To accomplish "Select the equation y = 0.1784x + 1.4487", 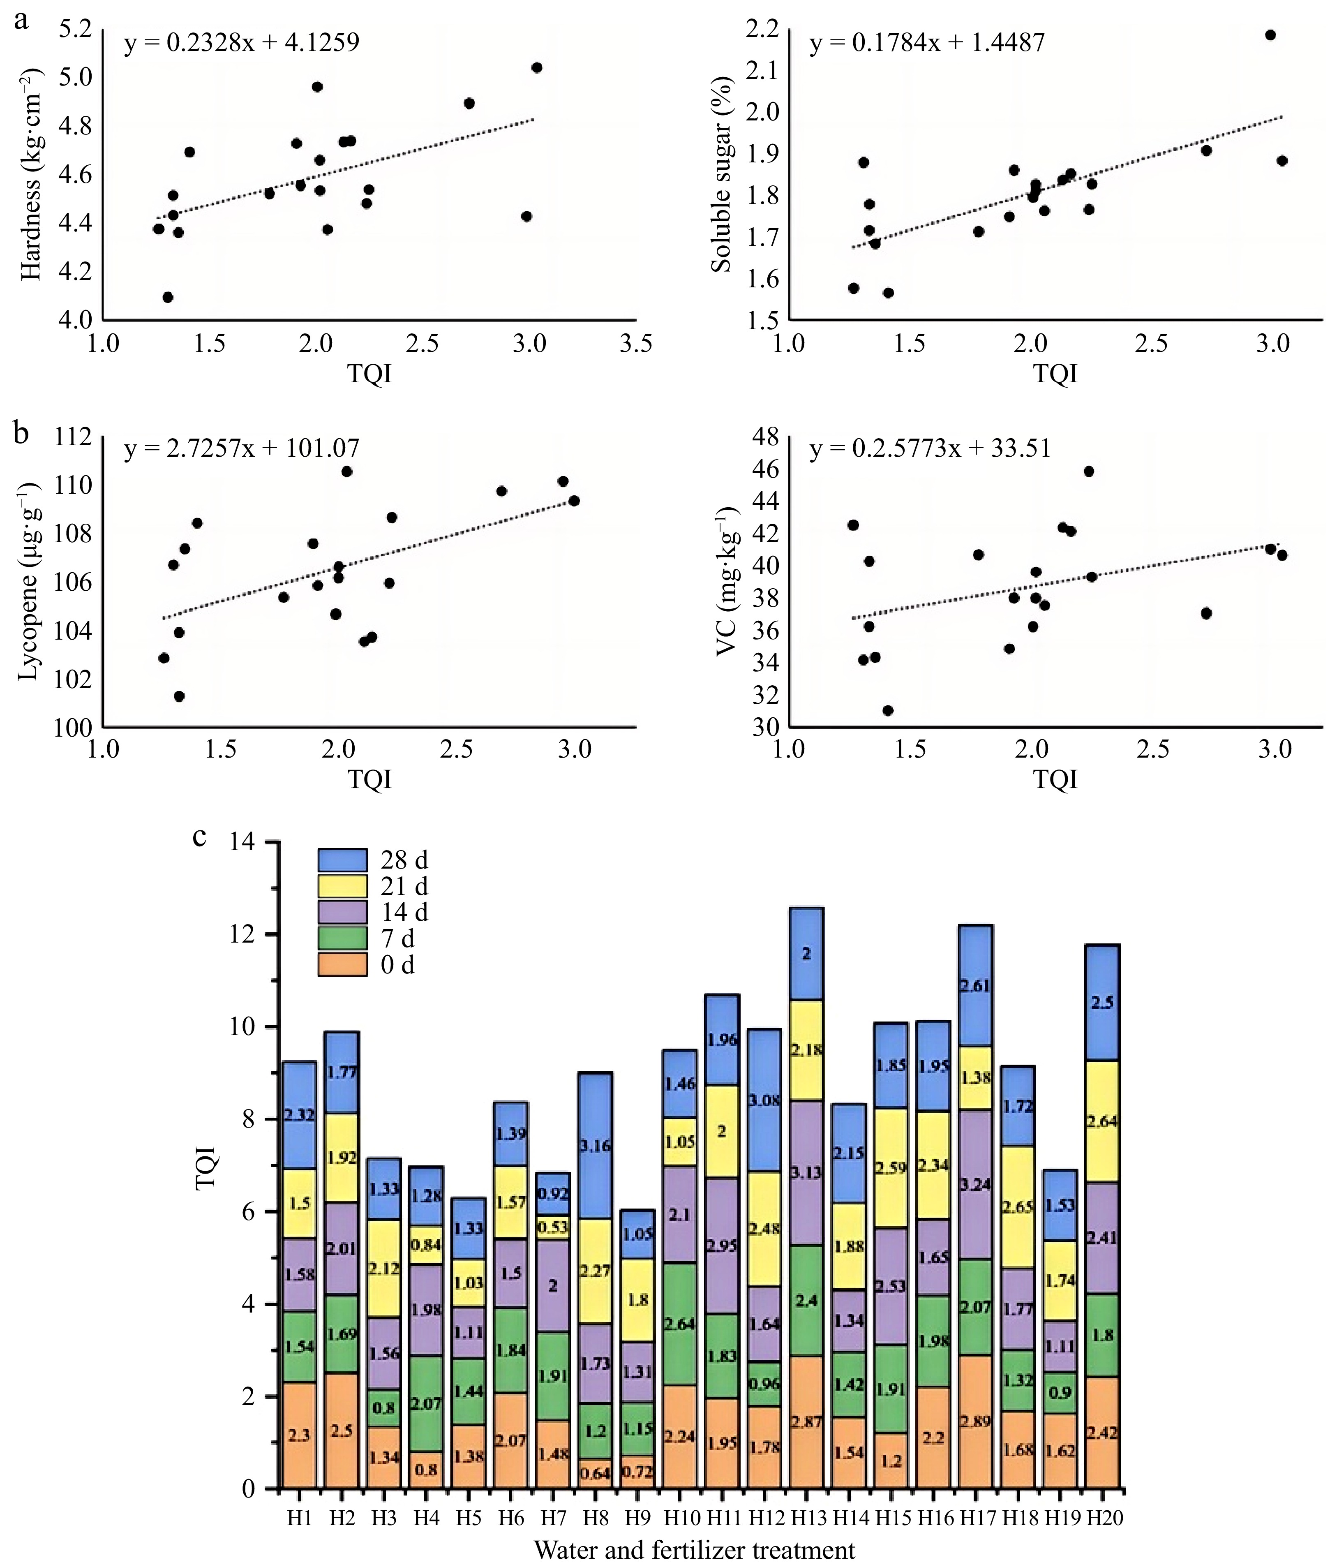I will point(927,42).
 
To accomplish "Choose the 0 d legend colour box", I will point(342,965).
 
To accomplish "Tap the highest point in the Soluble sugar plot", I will point(1270,35).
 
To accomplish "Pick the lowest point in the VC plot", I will point(888,710).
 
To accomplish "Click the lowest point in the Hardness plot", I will point(168,297).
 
